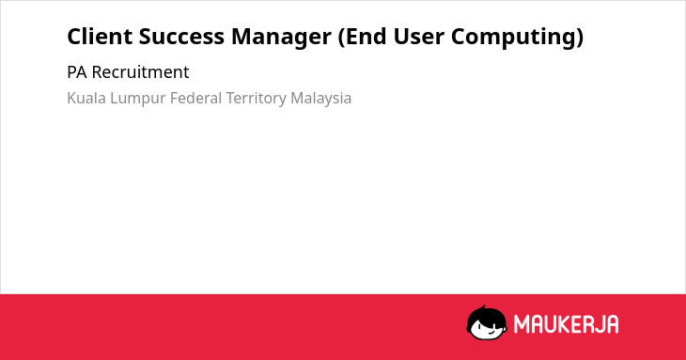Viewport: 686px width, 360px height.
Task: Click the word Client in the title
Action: (x=100, y=36)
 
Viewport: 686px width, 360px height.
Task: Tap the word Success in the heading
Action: (x=181, y=37)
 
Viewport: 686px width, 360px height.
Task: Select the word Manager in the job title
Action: (x=281, y=38)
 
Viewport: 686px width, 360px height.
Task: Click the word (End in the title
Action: (x=363, y=37)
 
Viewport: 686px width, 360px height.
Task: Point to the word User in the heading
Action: (x=419, y=37)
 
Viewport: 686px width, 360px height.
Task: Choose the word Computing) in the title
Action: (x=517, y=38)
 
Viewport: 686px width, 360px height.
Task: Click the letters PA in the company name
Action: (x=77, y=72)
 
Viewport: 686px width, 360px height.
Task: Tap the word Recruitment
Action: (x=140, y=72)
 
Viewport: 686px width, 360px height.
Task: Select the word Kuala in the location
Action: (x=86, y=98)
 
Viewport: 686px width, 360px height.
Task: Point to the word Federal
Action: (x=196, y=98)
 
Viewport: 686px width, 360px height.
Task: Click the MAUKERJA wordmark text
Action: (x=566, y=324)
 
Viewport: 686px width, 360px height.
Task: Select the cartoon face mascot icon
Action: (x=487, y=322)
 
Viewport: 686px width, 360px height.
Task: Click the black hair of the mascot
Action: (x=486, y=314)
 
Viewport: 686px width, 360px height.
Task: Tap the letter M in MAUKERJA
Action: (x=522, y=324)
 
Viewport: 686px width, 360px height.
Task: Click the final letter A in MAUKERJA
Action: (x=613, y=324)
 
